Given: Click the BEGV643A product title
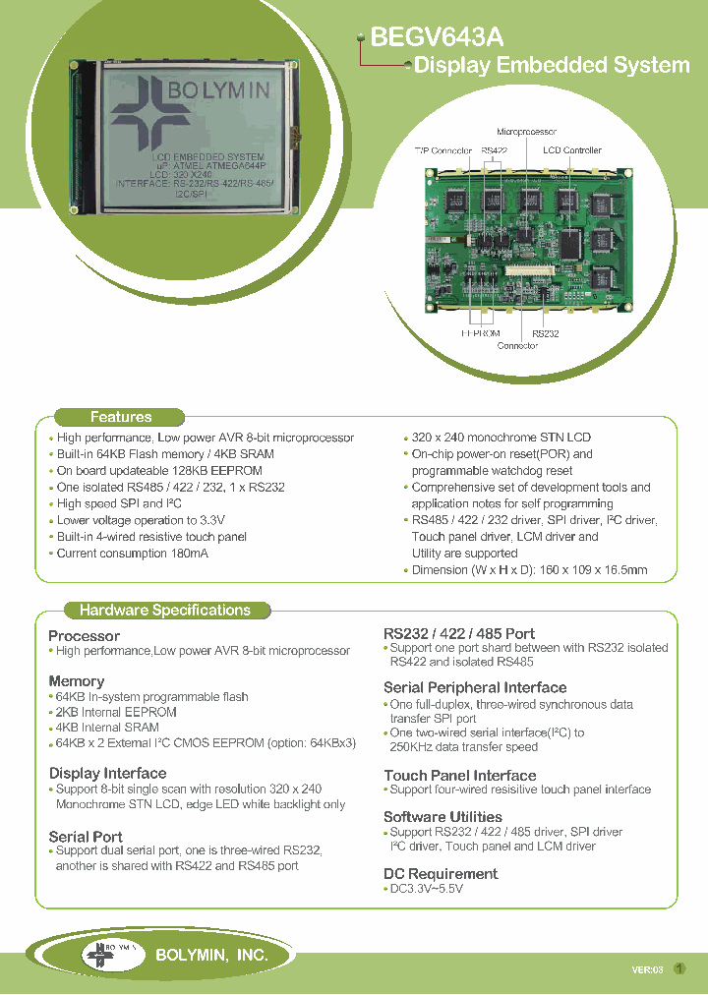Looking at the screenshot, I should click(437, 37).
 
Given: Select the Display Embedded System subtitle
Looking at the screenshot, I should click(552, 66).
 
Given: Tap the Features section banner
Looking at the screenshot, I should click(120, 417).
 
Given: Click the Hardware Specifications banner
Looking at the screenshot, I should click(164, 610).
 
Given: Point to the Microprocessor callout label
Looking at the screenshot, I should click(526, 131).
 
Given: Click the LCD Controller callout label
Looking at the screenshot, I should click(572, 150).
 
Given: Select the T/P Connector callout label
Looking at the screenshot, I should click(442, 150).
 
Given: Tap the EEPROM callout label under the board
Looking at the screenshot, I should click(481, 333).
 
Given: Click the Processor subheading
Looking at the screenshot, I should click(84, 635).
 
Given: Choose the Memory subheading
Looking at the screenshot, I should click(76, 680).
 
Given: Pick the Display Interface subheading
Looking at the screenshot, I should click(107, 773).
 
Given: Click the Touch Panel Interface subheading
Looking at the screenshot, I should click(459, 775).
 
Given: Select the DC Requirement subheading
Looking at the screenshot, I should click(440, 873).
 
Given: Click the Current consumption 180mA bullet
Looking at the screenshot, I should click(132, 554).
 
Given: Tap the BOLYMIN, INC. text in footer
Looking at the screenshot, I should click(211, 954).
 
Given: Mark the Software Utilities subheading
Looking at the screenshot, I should click(442, 816).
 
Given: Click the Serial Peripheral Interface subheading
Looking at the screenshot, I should click(475, 687).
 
